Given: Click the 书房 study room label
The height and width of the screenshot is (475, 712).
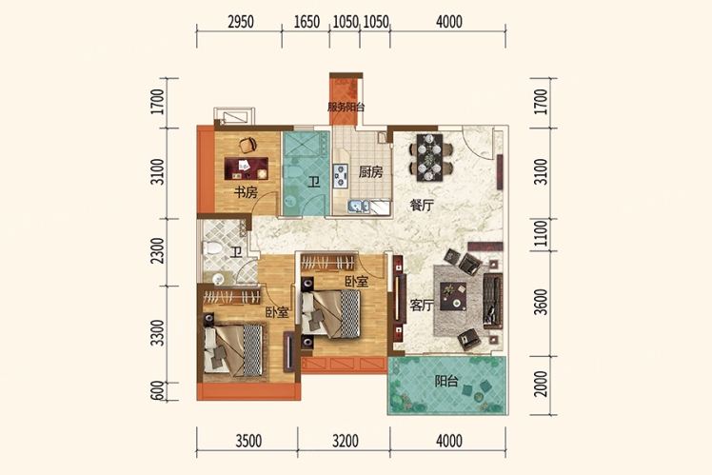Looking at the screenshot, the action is (x=246, y=192).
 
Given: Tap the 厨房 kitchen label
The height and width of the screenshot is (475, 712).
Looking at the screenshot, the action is (x=370, y=172).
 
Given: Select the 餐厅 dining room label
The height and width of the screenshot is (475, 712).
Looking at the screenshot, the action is (x=422, y=206).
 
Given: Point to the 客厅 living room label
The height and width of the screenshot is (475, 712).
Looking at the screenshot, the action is (x=422, y=306).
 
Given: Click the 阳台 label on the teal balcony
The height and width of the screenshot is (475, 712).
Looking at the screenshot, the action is (x=446, y=381).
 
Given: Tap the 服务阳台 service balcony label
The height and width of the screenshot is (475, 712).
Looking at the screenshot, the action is (x=346, y=108).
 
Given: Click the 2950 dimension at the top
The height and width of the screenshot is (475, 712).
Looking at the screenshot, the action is (x=241, y=22).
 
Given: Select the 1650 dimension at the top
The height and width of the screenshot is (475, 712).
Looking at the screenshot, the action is (x=307, y=22).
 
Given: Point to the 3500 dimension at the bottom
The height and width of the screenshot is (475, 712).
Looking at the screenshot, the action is (x=248, y=441).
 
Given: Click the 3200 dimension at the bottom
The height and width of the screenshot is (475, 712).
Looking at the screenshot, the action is (x=346, y=441).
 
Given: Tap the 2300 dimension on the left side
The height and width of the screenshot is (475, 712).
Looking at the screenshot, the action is (x=158, y=250).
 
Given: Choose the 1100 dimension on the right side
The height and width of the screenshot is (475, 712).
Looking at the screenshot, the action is (x=541, y=233).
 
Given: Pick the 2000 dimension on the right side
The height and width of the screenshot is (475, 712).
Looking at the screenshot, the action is (x=541, y=384).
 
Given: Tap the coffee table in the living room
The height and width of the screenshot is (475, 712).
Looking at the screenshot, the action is (x=453, y=297).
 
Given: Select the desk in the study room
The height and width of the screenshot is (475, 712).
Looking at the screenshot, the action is (x=247, y=168).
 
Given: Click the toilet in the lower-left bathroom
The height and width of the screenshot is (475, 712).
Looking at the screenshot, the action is (x=211, y=247).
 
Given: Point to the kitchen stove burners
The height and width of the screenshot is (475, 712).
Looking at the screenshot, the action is (x=340, y=176).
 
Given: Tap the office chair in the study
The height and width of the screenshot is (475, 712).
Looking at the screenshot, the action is (x=247, y=145).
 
